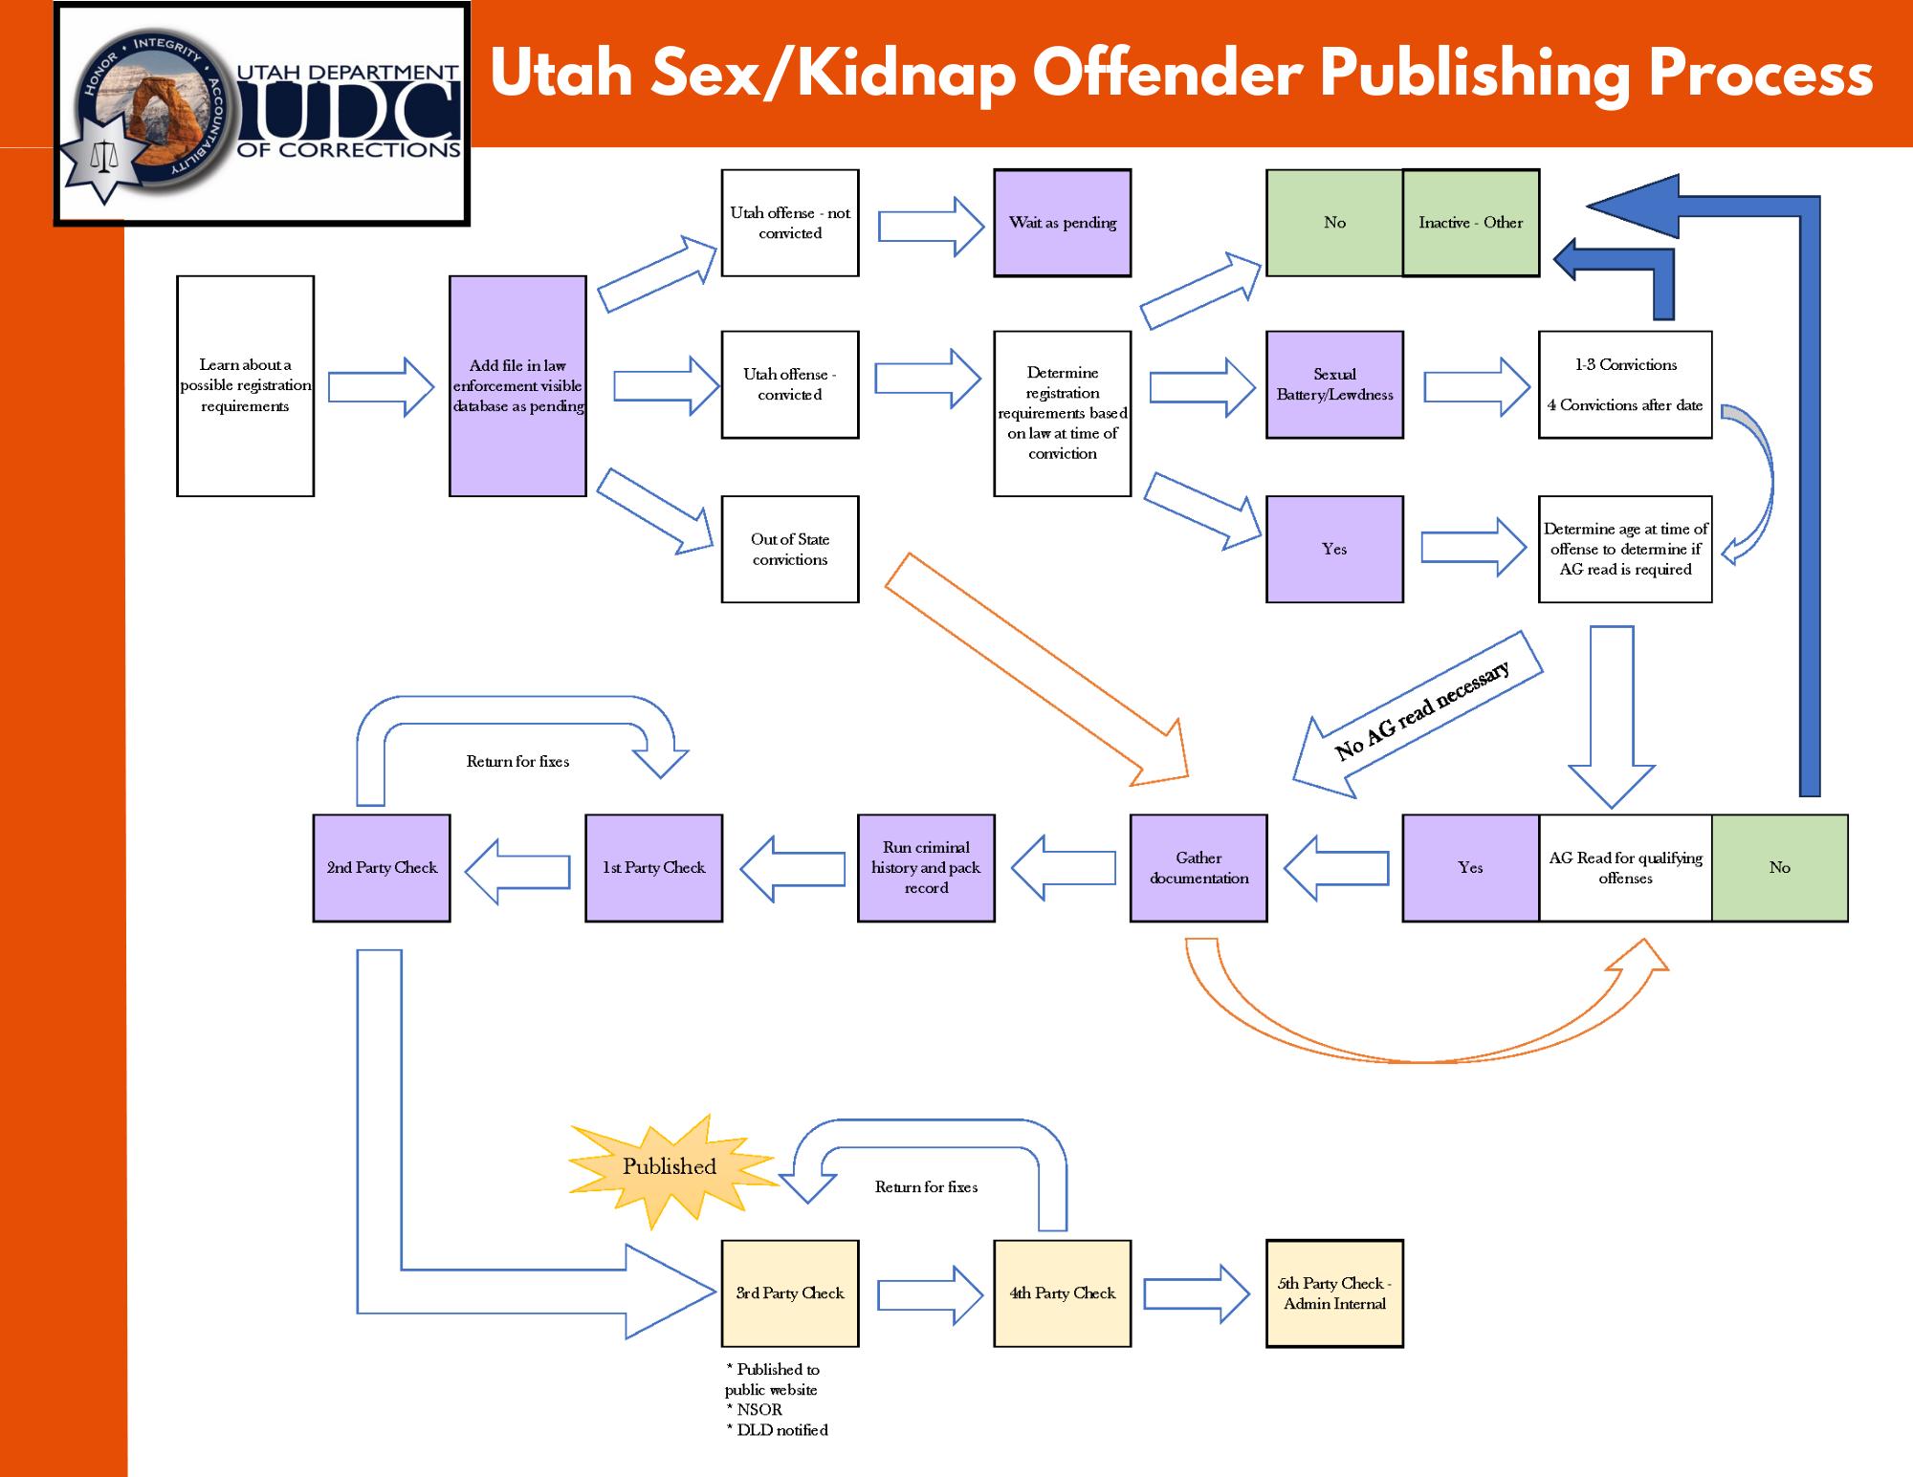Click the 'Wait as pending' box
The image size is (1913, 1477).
tap(1062, 223)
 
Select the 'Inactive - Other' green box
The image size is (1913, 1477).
tap(1470, 223)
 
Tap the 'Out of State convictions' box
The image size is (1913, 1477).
tap(789, 549)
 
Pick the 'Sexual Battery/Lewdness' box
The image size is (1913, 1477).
tap(1334, 384)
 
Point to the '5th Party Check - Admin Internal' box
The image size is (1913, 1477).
tap(1334, 1293)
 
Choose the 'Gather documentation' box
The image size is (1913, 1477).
tap(1198, 867)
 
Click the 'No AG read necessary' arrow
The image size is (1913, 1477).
tap(1420, 713)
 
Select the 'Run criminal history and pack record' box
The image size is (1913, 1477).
tap(926, 867)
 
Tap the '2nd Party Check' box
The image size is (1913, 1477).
tap(382, 867)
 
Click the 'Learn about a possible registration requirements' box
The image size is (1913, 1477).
tap(245, 385)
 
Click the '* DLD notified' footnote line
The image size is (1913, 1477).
tap(778, 1430)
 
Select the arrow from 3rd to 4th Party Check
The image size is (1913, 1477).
tap(928, 1294)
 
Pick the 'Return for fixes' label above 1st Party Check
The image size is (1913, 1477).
tap(517, 762)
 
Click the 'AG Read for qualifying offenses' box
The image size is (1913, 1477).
tap(1624, 867)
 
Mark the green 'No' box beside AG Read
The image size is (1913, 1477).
tap(1779, 867)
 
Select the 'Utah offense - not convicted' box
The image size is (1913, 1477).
tap(789, 223)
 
